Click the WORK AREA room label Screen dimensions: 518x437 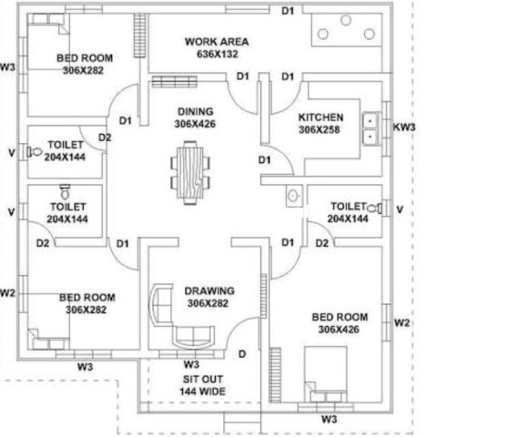pyautogui.click(x=217, y=42)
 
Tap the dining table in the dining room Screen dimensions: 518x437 pyautogui.click(x=190, y=173)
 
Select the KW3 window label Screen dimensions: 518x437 pyautogui.click(x=404, y=127)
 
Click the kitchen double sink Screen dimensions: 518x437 pyautogui.click(x=371, y=128)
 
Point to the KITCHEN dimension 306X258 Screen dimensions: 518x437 pyautogui.click(x=320, y=130)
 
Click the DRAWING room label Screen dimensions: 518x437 pyautogui.click(x=209, y=291)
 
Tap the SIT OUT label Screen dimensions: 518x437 pyautogui.click(x=203, y=380)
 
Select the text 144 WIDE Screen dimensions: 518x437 pyautogui.click(x=202, y=391)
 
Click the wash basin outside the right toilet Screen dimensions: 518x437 pyautogui.click(x=294, y=196)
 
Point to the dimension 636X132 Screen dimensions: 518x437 pyautogui.click(x=217, y=54)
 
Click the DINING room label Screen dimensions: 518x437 pyautogui.click(x=196, y=112)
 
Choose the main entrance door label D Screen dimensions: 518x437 pyautogui.click(x=242, y=354)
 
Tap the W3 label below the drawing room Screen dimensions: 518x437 pyautogui.click(x=191, y=365)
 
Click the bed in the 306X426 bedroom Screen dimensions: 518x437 pyautogui.click(x=326, y=374)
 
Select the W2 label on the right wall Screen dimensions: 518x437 pyautogui.click(x=402, y=322)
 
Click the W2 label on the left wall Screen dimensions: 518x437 pyautogui.click(x=7, y=293)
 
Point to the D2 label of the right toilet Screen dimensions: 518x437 pyautogui.click(x=321, y=243)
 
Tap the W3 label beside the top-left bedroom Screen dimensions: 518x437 pyautogui.click(x=7, y=67)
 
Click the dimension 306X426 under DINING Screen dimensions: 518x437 pyautogui.click(x=195, y=124)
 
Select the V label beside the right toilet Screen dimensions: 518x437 pyautogui.click(x=400, y=209)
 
